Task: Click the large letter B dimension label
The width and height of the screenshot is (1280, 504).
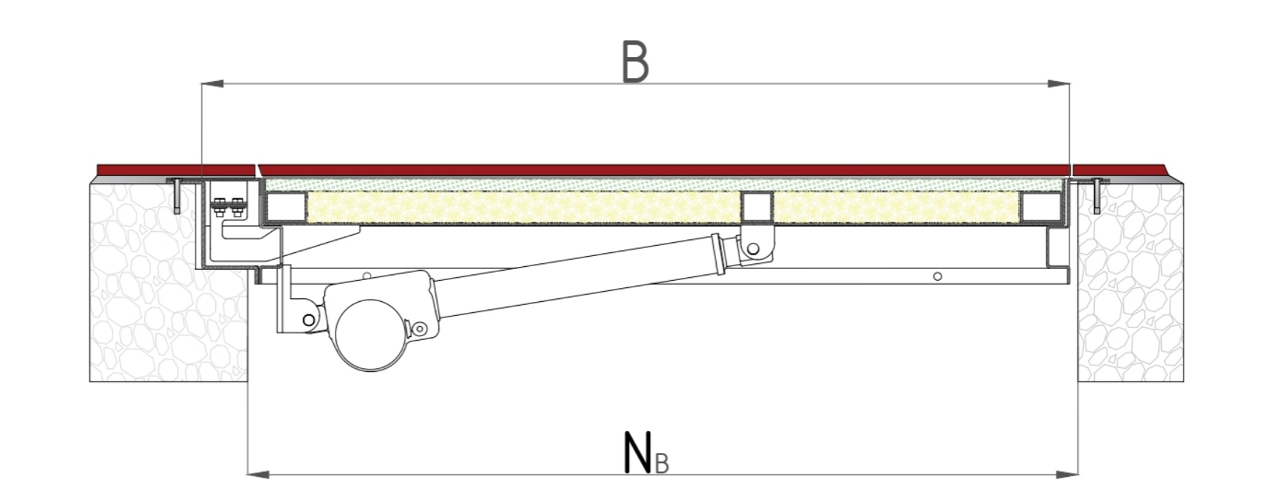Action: click(x=635, y=62)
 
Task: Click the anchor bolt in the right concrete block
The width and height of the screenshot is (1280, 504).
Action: click(x=1097, y=195)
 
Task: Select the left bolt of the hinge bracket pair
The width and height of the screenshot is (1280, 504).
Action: click(x=219, y=207)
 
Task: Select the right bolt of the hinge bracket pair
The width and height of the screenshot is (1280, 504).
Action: click(x=237, y=207)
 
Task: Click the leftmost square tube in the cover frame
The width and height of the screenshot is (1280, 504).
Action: click(x=286, y=207)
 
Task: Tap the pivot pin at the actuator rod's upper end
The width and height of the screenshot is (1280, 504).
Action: click(x=753, y=249)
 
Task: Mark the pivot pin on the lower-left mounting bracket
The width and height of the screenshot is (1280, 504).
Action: click(x=309, y=320)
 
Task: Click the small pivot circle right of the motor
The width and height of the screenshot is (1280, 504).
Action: click(x=419, y=330)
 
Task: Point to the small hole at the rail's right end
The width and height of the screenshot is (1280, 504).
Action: click(x=938, y=276)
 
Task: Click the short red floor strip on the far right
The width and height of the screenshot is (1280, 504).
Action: click(x=1123, y=170)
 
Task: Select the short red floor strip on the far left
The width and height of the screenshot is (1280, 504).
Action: click(x=175, y=170)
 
